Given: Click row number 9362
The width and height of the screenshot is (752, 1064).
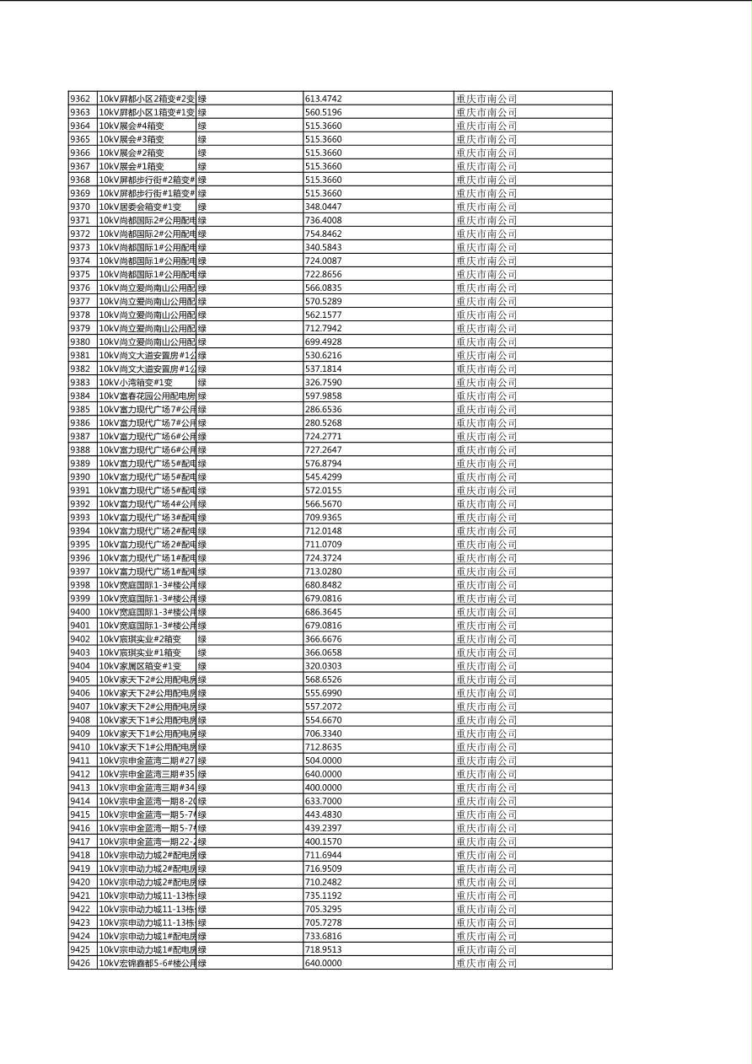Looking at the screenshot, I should [x=80, y=99].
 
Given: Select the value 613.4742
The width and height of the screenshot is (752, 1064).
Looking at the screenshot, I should [x=324, y=99].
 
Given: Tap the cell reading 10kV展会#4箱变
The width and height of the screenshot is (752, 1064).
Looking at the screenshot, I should [x=132, y=126].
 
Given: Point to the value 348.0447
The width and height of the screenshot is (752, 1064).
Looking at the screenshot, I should [x=324, y=207].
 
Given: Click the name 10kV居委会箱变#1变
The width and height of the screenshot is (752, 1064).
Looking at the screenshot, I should [x=140, y=207].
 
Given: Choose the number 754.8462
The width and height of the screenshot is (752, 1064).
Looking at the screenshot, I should [x=324, y=234].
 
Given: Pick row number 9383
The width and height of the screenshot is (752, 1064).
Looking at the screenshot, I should [x=80, y=382].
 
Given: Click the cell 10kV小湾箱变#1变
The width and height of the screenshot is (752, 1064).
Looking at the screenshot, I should [x=136, y=382].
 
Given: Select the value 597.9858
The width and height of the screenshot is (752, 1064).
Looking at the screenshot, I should [x=324, y=395].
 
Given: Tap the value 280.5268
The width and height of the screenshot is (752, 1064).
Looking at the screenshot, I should [x=324, y=422].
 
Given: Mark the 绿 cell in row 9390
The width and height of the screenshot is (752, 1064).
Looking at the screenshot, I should [x=202, y=476].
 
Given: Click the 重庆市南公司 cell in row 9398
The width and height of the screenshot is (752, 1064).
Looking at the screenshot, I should [x=486, y=585].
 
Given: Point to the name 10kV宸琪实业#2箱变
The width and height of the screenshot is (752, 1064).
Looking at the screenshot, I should [x=140, y=639].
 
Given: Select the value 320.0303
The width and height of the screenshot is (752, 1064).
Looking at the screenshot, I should [x=324, y=666].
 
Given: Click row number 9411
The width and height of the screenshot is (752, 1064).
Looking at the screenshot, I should [x=80, y=760].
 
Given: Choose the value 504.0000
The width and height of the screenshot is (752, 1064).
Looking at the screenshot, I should [x=324, y=760].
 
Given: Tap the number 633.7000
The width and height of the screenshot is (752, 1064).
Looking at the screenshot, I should [x=324, y=801].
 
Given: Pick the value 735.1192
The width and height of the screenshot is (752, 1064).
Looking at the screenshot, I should [x=324, y=895].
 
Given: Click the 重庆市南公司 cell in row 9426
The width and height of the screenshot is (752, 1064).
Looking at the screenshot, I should [x=486, y=963].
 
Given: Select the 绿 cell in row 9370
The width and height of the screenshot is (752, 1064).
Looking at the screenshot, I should [x=202, y=207].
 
